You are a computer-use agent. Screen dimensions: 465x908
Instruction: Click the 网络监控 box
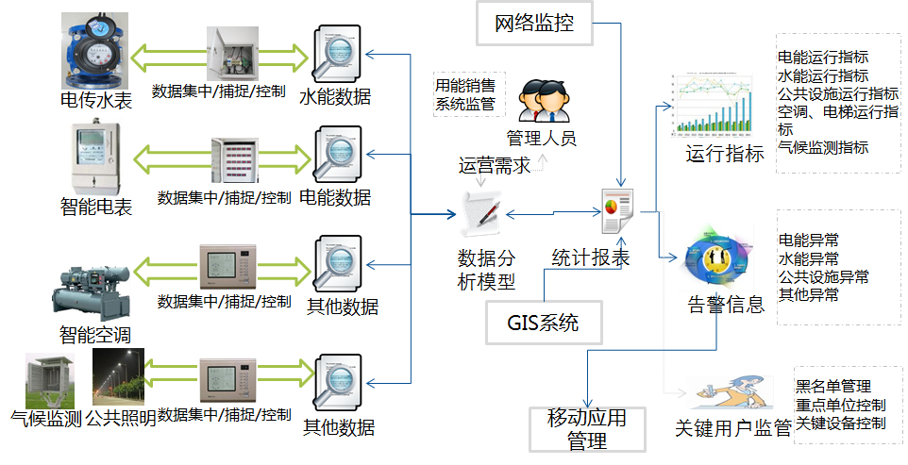(x=533, y=22)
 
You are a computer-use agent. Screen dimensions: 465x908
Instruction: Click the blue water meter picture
(x=94, y=47)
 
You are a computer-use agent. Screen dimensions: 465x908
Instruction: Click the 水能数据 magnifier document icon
(x=334, y=56)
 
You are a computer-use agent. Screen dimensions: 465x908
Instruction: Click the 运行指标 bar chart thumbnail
(x=714, y=103)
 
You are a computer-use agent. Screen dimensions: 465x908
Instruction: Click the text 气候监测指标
(x=823, y=148)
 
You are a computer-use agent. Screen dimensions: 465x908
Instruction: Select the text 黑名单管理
(x=832, y=387)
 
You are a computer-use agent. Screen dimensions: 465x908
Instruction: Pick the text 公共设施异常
(x=823, y=276)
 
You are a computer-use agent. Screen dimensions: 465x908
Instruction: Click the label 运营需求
(x=495, y=167)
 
